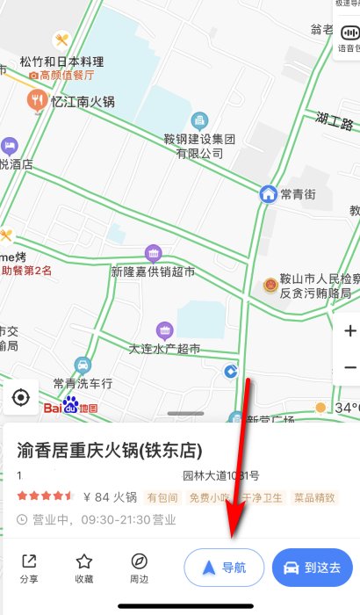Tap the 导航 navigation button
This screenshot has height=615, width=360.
(223, 567)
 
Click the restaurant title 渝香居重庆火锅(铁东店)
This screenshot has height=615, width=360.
(111, 451)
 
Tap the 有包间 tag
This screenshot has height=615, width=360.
(162, 497)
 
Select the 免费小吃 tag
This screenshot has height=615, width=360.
(211, 497)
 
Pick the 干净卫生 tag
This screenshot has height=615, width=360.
(263, 497)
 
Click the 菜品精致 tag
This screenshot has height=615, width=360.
(314, 497)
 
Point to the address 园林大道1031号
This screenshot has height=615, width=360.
(220, 476)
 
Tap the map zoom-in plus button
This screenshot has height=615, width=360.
(349, 331)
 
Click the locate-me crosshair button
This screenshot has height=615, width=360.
(21, 398)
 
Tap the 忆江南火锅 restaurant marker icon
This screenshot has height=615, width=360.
(37, 101)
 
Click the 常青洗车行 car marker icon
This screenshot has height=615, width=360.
(82, 365)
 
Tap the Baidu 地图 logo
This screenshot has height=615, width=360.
(70, 408)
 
